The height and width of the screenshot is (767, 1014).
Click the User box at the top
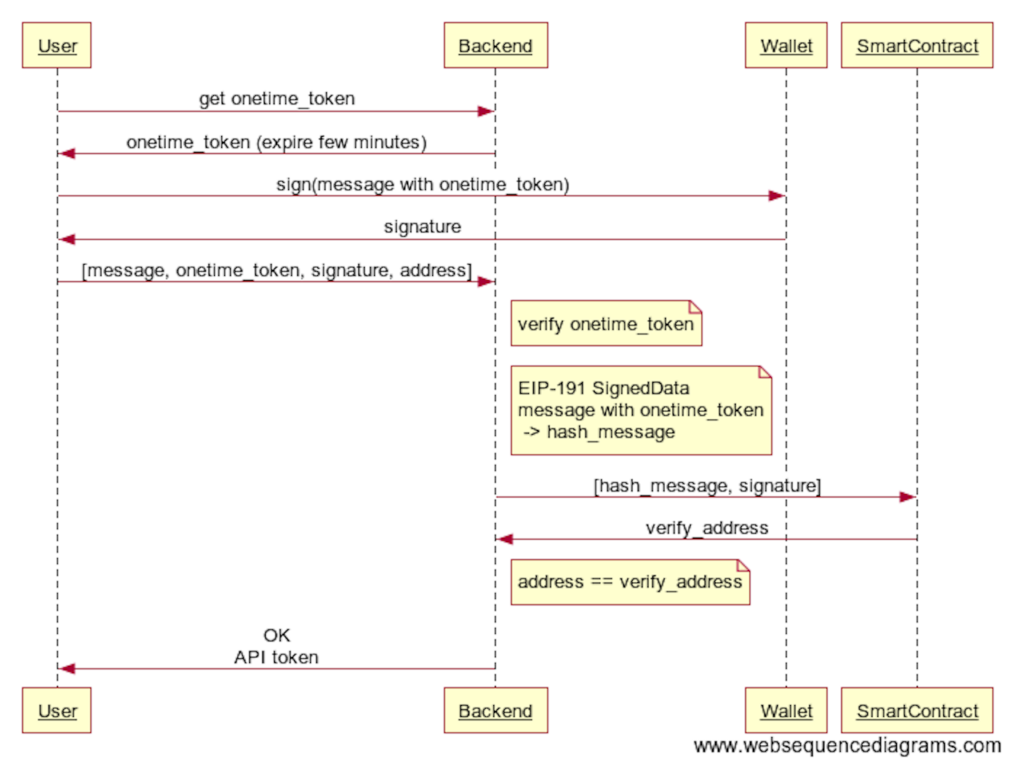pyautogui.click(x=57, y=46)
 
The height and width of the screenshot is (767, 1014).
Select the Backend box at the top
pyautogui.click(x=495, y=46)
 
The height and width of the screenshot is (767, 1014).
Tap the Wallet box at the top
pyautogui.click(x=786, y=46)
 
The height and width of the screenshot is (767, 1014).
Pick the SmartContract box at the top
pyautogui.click(x=917, y=46)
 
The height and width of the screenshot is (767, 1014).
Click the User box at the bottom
pyautogui.click(x=57, y=710)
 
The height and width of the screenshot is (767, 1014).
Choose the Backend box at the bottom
pyautogui.click(x=495, y=710)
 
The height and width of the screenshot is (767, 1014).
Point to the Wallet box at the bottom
pyautogui.click(x=786, y=710)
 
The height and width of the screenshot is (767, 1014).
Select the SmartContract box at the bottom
pyautogui.click(x=917, y=710)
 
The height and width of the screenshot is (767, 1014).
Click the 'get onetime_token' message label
pyautogui.click(x=276, y=98)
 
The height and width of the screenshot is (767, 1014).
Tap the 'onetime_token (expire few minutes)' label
pyautogui.click(x=276, y=142)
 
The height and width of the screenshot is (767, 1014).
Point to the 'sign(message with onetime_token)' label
pyautogui.click(x=422, y=184)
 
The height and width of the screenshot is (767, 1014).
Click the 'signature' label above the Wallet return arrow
pyautogui.click(x=422, y=227)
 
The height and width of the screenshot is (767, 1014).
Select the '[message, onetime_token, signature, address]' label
pyautogui.click(x=276, y=270)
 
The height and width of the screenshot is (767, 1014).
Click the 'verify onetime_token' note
pyautogui.click(x=606, y=324)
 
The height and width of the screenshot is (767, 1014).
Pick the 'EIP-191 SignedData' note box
pyautogui.click(x=640, y=410)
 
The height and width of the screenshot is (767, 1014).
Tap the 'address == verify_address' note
pyautogui.click(x=630, y=582)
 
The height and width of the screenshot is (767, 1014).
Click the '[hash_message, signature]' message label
pyautogui.click(x=706, y=485)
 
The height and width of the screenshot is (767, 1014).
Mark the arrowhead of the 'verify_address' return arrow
pyautogui.click(x=504, y=539)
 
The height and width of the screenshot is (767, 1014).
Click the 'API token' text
pyautogui.click(x=276, y=657)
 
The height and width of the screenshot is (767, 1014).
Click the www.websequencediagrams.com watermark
pyautogui.click(x=847, y=746)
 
